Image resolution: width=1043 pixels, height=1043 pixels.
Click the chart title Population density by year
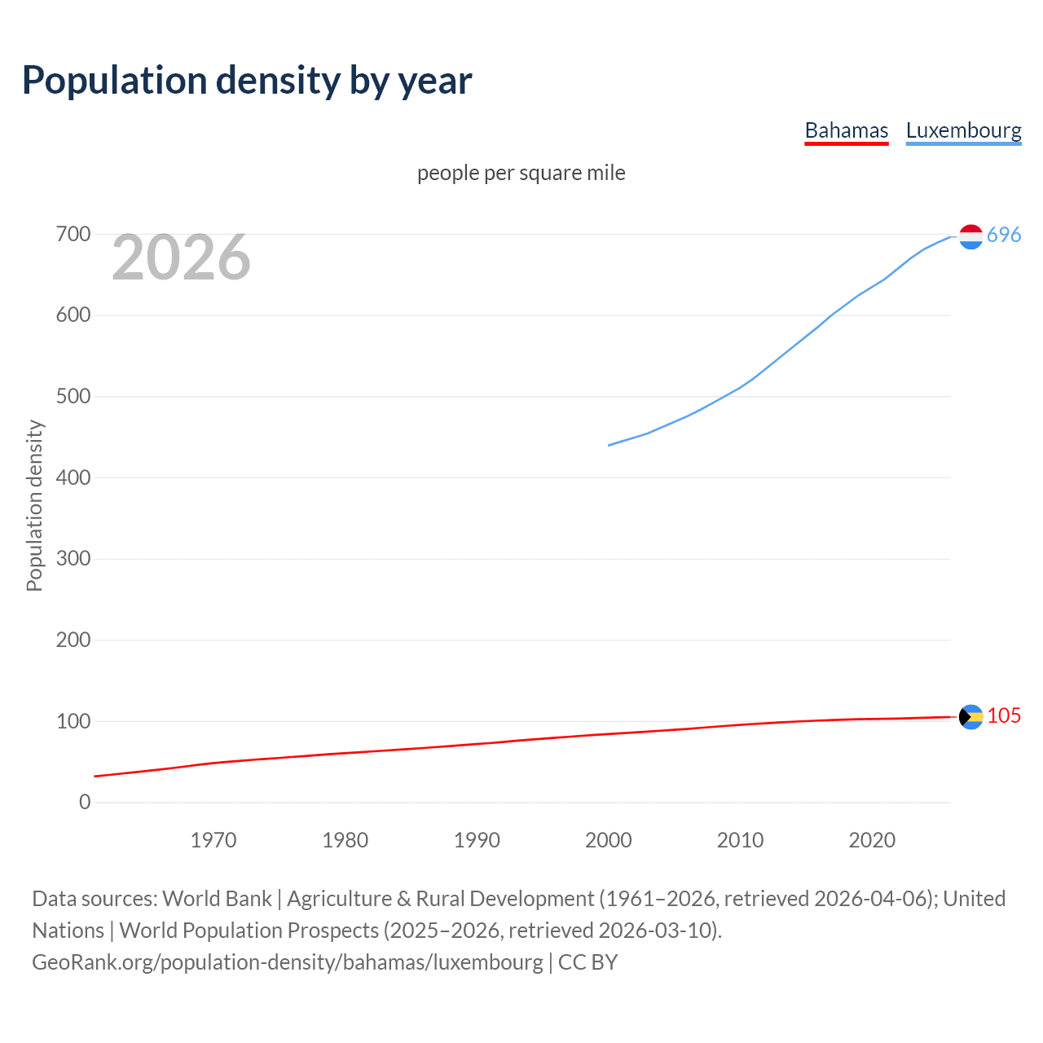click(247, 81)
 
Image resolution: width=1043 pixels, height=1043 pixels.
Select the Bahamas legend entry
click(846, 130)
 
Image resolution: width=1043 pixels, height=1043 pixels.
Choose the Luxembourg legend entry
click(963, 130)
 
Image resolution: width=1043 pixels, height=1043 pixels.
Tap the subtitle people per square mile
click(521, 173)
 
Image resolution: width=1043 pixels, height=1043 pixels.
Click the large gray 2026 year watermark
click(181, 257)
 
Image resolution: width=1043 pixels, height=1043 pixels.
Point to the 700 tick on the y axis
click(73, 235)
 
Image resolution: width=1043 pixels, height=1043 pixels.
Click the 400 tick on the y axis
click(73, 477)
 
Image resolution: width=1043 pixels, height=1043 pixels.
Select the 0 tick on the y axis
click(85, 803)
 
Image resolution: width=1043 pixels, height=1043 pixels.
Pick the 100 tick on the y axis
click(73, 721)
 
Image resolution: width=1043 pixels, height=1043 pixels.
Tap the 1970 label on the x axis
click(213, 840)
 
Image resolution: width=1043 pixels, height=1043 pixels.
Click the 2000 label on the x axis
click(609, 840)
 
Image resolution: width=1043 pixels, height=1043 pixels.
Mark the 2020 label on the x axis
click(872, 840)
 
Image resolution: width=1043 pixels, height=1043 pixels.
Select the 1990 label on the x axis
click(477, 840)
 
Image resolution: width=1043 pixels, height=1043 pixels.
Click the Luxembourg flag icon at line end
click(970, 236)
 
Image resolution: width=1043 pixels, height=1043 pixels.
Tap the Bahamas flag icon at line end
click(970, 716)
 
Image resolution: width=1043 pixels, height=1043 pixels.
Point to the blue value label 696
click(1004, 235)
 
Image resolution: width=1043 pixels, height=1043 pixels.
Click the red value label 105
click(1004, 715)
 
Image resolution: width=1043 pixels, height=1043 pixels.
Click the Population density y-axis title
click(34, 505)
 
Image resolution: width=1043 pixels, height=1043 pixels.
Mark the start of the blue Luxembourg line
click(610, 445)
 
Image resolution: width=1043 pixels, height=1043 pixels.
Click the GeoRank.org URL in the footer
click(287, 962)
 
